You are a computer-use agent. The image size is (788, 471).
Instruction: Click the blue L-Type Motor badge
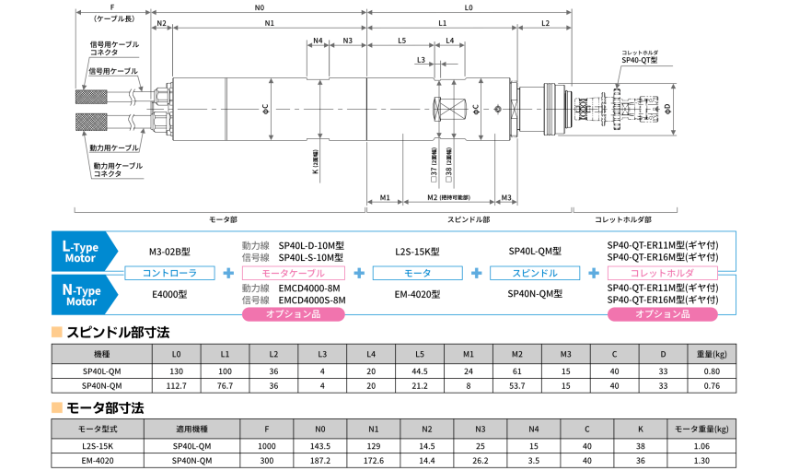84,252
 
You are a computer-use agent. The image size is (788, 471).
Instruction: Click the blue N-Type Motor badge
84,295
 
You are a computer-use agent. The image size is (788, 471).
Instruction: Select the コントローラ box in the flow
168,274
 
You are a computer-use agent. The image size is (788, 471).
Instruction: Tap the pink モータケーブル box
293,274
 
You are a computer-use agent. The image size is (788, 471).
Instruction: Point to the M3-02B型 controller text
168,252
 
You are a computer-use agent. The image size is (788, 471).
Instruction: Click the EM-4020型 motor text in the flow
417,295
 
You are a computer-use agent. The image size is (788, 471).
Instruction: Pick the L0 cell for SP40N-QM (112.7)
177,385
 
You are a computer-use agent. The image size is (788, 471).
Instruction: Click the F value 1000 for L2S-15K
267,446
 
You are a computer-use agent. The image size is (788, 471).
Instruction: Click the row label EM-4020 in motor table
97,461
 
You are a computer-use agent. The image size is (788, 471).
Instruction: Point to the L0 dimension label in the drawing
469,8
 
